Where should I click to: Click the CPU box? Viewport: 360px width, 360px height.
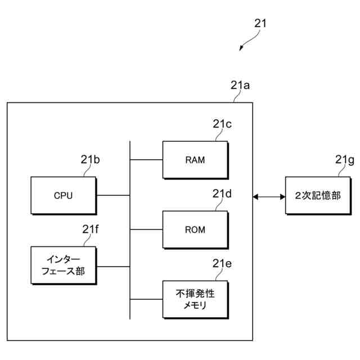[64, 196]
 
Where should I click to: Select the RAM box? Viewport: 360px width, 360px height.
[195, 160]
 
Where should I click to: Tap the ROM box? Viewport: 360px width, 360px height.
[195, 229]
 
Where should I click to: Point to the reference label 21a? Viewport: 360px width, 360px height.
[240, 85]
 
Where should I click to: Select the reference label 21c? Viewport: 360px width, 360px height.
[222, 124]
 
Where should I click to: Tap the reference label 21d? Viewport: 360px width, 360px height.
[222, 194]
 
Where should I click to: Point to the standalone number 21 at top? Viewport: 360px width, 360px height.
[260, 24]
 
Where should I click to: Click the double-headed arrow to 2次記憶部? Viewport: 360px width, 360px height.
[269, 196]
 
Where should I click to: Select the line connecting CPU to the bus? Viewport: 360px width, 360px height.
[113, 196]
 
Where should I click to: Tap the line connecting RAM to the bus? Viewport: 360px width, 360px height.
[146, 160]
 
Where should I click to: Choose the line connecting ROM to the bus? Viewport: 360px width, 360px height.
[146, 229]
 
